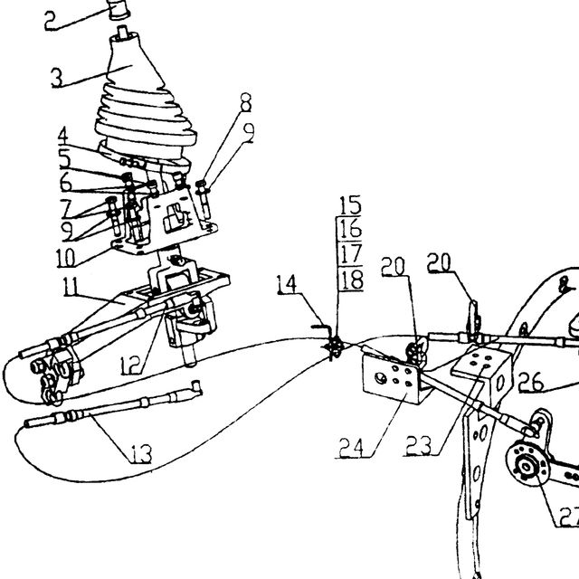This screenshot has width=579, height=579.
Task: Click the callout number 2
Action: [52, 21]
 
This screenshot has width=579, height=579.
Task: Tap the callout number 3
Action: [57, 79]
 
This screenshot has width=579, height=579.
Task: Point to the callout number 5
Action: [65, 158]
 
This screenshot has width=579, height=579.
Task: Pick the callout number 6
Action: [66, 182]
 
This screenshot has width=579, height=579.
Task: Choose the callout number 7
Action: [66, 209]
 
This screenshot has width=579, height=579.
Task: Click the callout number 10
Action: [66, 257]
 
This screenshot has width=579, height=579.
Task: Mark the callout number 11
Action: [71, 287]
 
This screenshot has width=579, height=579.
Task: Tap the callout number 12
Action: [130, 365]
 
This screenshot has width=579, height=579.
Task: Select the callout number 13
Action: [141, 453]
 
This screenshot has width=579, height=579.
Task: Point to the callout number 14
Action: [287, 284]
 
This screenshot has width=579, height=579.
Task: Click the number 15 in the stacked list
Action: [350, 205]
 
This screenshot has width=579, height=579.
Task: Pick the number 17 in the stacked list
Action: [350, 253]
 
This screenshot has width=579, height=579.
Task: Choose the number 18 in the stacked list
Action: [351, 280]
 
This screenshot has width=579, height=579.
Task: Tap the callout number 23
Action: [418, 445]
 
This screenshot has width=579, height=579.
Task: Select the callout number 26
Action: [531, 382]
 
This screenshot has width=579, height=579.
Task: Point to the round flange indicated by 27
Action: [527, 466]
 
